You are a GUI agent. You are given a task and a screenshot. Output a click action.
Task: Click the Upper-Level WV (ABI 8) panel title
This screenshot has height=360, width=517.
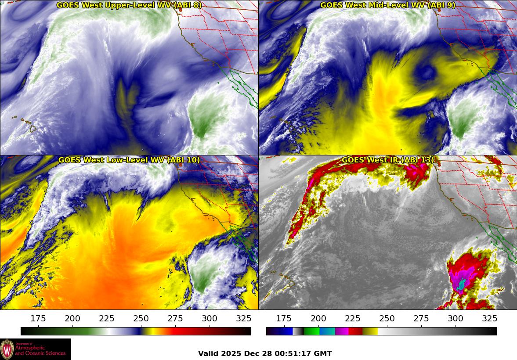pyautogui.click(x=129, y=5)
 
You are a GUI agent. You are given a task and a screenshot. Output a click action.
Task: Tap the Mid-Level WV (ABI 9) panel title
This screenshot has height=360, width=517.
pyautogui.click(x=388, y=5)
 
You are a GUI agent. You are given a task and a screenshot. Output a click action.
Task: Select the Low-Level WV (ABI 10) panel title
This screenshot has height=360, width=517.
pyautogui.click(x=129, y=160)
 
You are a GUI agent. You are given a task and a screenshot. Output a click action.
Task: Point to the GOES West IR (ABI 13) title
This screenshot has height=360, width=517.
pyautogui.click(x=388, y=160)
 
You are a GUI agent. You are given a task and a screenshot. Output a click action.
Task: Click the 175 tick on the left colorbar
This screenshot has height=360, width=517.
pyautogui.click(x=38, y=319)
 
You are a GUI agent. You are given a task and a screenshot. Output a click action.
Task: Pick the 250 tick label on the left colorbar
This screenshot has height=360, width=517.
pyautogui.click(x=141, y=319)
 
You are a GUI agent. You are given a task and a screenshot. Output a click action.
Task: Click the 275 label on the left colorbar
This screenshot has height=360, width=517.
pyautogui.click(x=175, y=319)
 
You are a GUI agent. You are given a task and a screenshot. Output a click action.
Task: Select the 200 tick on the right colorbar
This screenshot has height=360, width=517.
pyautogui.click(x=318, y=319)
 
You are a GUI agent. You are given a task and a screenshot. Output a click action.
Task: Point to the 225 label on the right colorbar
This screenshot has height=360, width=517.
pyautogui.click(x=352, y=319)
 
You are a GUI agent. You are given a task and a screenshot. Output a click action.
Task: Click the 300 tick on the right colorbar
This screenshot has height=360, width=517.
pyautogui.click(x=455, y=319)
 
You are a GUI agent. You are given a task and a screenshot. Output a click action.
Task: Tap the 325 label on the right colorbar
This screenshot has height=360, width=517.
pyautogui.click(x=489, y=319)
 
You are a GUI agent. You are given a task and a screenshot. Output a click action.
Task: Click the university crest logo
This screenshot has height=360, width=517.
pyautogui.click(x=7, y=349)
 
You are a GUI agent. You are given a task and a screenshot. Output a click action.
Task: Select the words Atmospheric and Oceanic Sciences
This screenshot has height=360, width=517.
pyautogui.click(x=40, y=350)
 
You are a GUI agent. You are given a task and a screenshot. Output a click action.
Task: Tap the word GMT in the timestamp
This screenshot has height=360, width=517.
pyautogui.click(x=322, y=353)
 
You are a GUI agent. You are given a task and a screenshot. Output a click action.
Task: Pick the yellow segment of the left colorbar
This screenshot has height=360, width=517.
pyautogui.click(x=148, y=331)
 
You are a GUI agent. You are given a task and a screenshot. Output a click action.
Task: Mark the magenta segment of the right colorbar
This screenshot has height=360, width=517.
pyautogui.click(x=342, y=331)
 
